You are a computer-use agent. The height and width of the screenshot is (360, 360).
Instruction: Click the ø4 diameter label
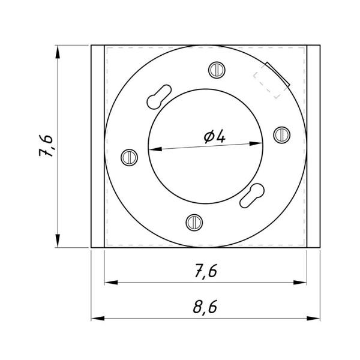click(215, 137)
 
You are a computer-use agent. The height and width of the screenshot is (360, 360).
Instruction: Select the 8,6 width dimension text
click(205, 307)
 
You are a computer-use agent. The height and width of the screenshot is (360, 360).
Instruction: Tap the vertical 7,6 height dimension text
click(46, 146)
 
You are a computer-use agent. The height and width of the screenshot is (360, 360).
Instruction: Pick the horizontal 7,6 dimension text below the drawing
click(206, 271)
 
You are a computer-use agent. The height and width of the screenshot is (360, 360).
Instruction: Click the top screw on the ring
click(217, 70)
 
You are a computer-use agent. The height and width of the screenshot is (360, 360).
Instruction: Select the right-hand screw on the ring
click(282, 135)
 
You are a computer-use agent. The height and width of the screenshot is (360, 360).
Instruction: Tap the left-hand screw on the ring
click(129, 157)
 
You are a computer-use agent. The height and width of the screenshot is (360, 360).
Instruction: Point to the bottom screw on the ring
click(194, 223)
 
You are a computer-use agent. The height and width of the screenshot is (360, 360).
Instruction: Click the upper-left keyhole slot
click(159, 97)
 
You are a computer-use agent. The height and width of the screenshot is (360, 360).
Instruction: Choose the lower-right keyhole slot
click(252, 196)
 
